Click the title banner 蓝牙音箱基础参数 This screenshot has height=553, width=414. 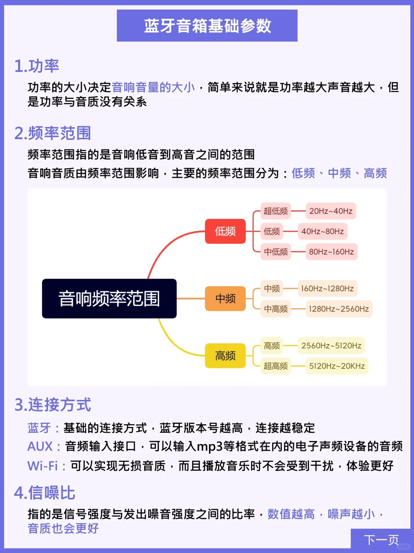coord(207,25)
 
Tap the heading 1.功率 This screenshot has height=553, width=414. coord(37,66)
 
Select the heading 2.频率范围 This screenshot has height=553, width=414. coord(53,133)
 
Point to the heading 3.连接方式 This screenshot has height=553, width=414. coord(53,405)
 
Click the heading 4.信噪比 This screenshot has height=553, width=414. coord(44,493)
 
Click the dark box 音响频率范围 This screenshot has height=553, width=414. coord(109,299)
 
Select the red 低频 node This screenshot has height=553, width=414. coord(225,231)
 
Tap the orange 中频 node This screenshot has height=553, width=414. coord(225,299)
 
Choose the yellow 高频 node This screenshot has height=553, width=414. coord(225,356)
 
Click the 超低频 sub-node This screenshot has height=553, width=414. coord(276,211)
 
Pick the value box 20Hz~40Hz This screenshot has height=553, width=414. coord(331,211)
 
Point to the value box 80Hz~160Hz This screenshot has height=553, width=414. coord(332,252)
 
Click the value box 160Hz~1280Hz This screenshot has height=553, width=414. coord(328,289)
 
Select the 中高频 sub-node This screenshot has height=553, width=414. coord(276,309)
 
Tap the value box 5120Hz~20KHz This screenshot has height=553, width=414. coord(337,366)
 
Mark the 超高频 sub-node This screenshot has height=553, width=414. coord(276,366)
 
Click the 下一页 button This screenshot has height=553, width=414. coord(381,540)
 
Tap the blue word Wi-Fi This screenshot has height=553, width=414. coord(43,466)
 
